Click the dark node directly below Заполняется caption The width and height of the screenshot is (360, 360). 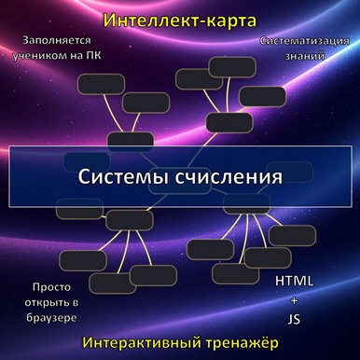coord(92,84)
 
